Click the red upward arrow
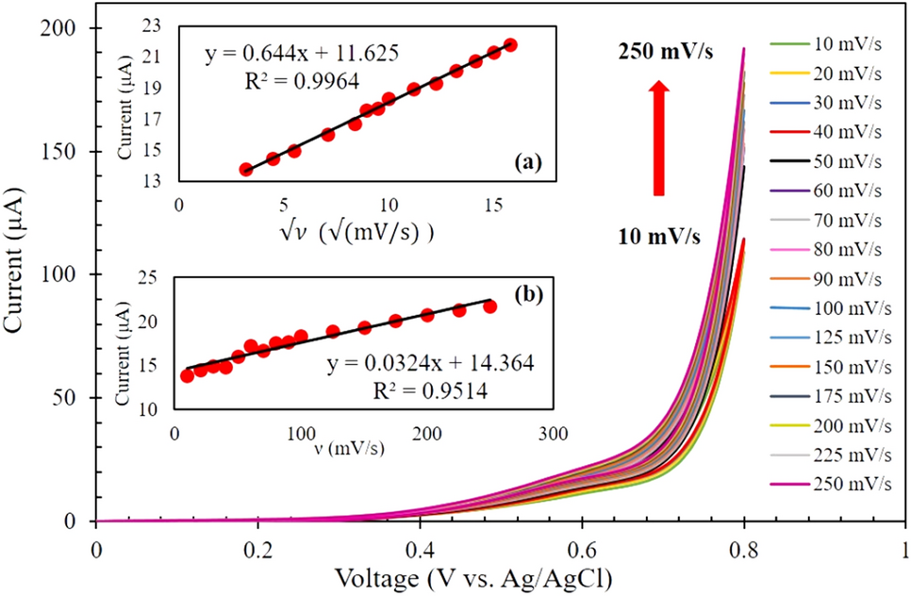[x=659, y=138]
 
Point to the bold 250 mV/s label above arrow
[x=665, y=54]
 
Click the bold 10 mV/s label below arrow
[x=660, y=236]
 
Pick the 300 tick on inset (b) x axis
[x=553, y=433]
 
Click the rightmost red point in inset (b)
[x=489, y=306]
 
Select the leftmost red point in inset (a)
[x=246, y=170]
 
